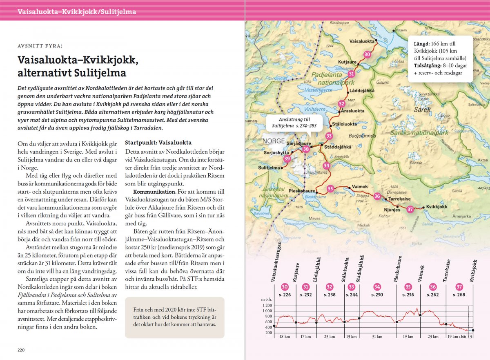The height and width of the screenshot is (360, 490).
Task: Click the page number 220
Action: pos(21,350)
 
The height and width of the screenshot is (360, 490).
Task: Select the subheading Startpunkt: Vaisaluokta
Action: pos(158,143)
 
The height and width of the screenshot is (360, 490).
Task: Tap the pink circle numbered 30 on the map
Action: pos(367,54)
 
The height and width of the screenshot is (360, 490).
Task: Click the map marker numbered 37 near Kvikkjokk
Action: pos(410,209)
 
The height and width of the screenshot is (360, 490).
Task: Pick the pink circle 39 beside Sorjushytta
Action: pos(287,159)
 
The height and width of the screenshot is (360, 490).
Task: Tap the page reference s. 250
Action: pos(376,295)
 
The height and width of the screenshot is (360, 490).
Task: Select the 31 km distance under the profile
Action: pos(377,337)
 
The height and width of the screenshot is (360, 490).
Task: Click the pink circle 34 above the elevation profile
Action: pos(377,287)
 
